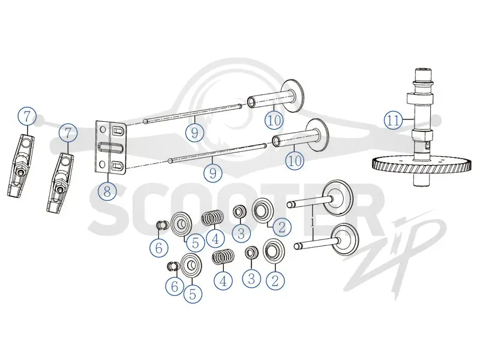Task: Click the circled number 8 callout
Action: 107,191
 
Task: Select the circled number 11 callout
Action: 394,121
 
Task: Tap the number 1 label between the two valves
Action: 312,223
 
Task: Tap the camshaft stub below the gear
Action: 423,181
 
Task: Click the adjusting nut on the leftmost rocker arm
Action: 20,172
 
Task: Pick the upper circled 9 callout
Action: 194,133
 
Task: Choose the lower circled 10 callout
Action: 295,160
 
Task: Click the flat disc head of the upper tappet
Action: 292,96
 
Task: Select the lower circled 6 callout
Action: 175,286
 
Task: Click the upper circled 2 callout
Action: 282,227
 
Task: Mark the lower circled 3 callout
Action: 251,278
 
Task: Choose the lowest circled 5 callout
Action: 193,294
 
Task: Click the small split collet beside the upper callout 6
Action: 162,225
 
